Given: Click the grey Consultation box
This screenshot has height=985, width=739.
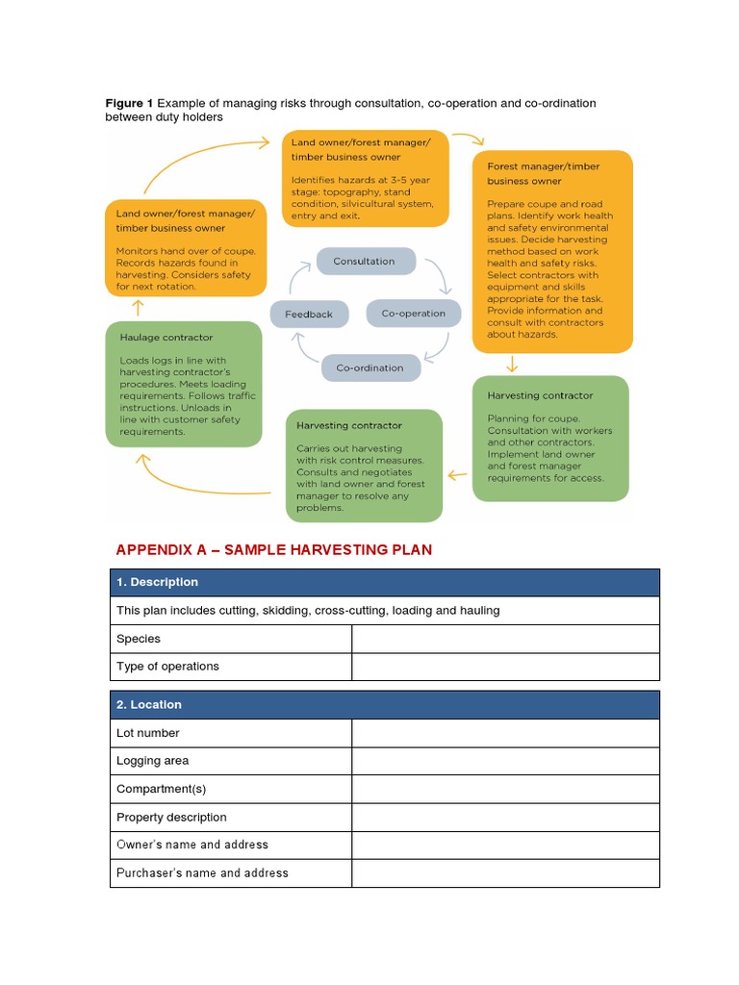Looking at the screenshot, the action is [365, 262].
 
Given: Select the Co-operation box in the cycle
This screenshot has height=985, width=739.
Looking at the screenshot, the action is [414, 314].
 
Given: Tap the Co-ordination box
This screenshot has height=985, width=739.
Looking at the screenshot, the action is [369, 368].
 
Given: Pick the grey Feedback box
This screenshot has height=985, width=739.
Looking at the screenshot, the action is [309, 315].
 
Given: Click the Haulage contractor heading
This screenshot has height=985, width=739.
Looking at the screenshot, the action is [166, 338].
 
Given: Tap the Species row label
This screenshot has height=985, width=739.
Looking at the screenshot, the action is [139, 639].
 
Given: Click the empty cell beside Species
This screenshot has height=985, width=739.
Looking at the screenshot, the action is [505, 639].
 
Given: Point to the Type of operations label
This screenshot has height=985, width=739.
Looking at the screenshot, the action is [167, 666].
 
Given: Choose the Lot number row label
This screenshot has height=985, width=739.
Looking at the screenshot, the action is [148, 733].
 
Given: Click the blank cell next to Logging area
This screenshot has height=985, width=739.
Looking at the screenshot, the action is [505, 761].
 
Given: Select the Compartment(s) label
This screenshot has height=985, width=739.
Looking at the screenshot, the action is [162, 789].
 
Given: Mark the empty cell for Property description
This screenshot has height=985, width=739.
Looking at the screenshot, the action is [505, 817].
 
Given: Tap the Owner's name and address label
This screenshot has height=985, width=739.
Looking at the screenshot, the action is [192, 845].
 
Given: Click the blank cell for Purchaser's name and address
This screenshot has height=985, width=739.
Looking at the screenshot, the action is [505, 872].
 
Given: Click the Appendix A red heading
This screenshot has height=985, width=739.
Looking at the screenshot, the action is [274, 550].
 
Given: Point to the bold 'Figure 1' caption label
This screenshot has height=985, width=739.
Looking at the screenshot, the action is [129, 103].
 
